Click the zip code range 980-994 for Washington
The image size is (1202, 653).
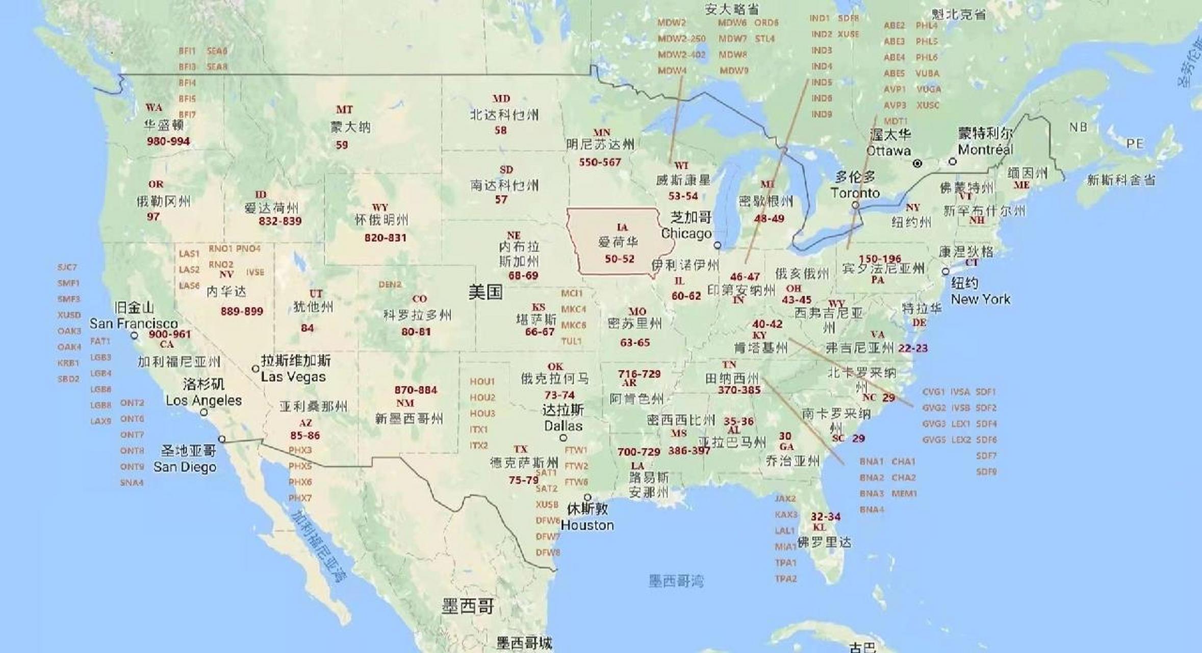(x=168, y=141)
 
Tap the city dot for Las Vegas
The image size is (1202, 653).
(x=255, y=368)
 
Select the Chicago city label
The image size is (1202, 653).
(x=686, y=234)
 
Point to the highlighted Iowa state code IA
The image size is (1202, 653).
(x=622, y=227)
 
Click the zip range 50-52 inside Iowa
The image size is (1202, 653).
(x=620, y=259)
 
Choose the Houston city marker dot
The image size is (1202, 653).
(x=587, y=497)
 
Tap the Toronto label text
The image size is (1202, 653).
(x=855, y=193)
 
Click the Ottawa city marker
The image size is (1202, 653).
(x=917, y=163)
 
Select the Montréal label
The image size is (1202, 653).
(x=985, y=149)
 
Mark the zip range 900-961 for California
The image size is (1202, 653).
(x=169, y=334)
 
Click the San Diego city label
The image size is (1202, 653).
(x=185, y=467)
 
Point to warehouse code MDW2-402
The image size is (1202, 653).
(x=681, y=55)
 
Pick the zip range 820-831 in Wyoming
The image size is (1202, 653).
(x=385, y=238)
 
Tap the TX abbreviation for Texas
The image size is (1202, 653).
(x=520, y=449)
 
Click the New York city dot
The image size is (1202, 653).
(x=945, y=271)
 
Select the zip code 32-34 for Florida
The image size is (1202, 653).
(x=825, y=516)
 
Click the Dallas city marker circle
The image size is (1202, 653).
(x=563, y=438)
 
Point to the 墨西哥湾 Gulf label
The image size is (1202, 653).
(x=676, y=581)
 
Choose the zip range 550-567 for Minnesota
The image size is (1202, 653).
(x=599, y=162)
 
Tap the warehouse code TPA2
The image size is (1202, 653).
(x=785, y=579)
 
